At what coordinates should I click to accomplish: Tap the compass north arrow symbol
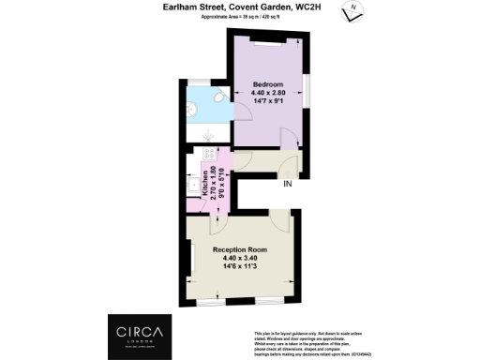(351, 8)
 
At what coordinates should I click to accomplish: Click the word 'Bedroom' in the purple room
(267, 83)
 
